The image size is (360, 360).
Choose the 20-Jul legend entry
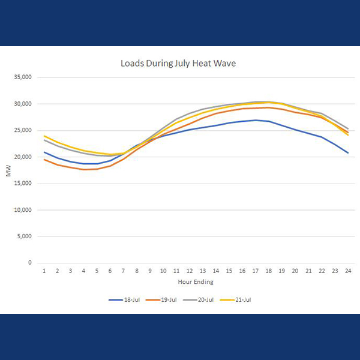202,299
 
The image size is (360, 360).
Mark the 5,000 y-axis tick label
26,236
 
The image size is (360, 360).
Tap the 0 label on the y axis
31,263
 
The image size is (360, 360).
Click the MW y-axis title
8,172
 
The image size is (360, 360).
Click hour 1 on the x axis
44,271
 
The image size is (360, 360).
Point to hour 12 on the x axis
190,271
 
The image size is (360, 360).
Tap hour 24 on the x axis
348,271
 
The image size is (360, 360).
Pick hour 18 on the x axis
269,271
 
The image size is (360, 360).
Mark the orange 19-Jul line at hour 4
84,169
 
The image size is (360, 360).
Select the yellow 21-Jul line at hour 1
44,136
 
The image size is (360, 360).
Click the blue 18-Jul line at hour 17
256,120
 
